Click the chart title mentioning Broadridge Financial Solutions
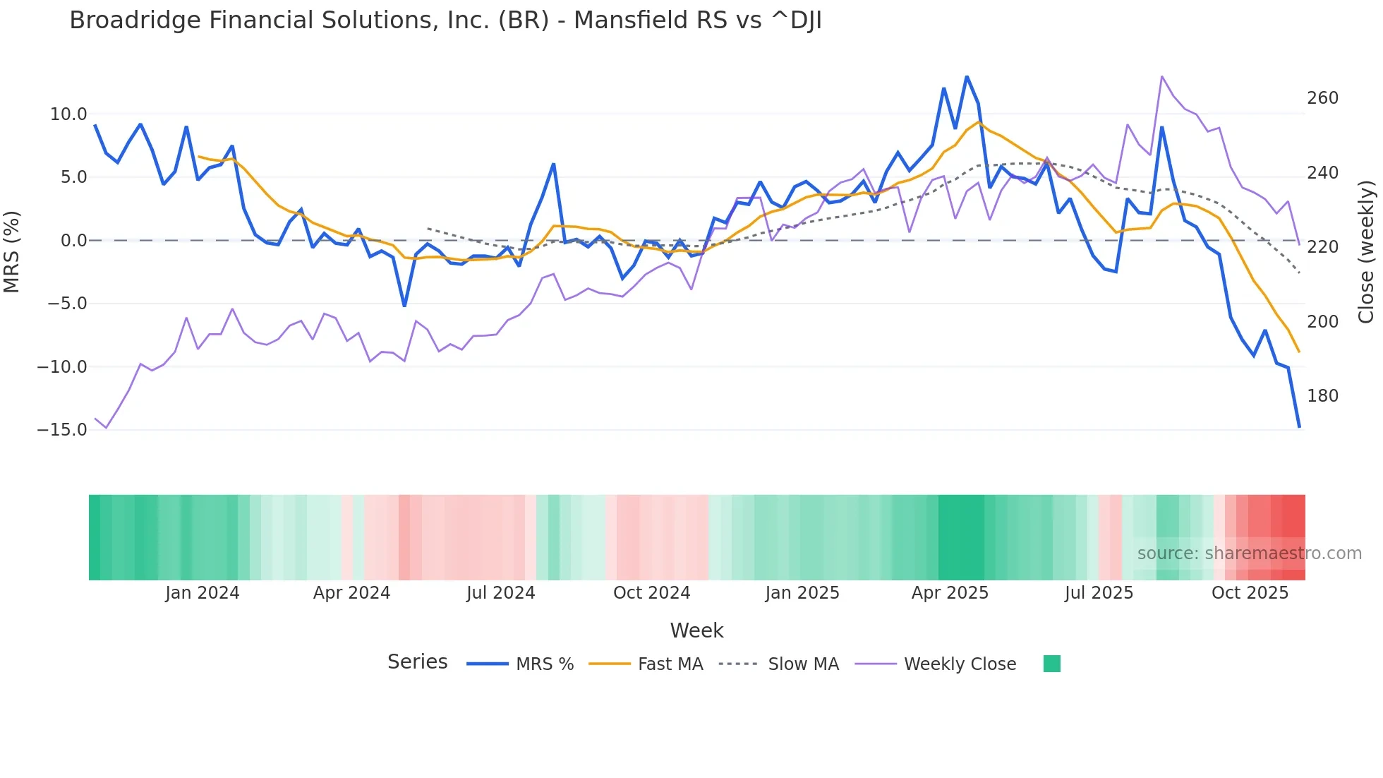[x=445, y=20]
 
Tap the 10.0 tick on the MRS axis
[x=68, y=114]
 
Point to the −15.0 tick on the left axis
[x=62, y=430]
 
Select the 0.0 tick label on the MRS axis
[x=73, y=241]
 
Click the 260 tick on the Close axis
[x=1322, y=98]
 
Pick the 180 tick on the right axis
[x=1322, y=396]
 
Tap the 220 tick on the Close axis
[x=1322, y=247]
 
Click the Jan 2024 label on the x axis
[x=203, y=593]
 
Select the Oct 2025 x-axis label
[x=1250, y=593]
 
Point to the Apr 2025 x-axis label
[x=950, y=593]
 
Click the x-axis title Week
[x=696, y=630]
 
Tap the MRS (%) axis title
[x=12, y=251]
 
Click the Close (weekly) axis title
[x=1366, y=251]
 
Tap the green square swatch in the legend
[x=1051, y=664]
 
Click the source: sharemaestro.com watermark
[x=1249, y=553]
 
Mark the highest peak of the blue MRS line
[x=967, y=77]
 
